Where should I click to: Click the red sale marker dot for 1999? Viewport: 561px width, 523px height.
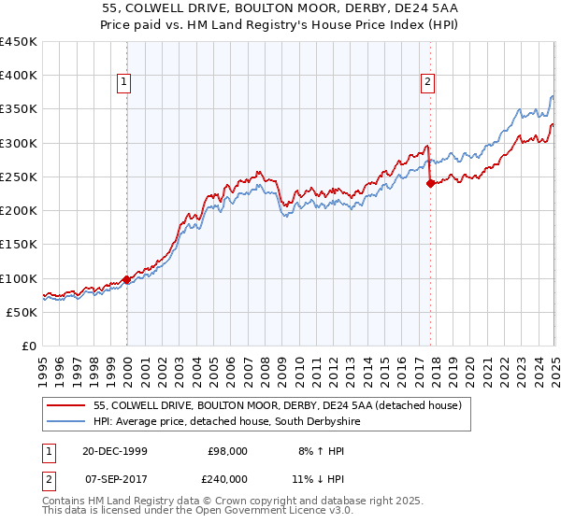click(127, 279)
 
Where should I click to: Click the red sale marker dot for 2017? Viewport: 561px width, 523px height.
click(430, 183)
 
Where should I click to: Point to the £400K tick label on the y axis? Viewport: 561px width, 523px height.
click(19, 76)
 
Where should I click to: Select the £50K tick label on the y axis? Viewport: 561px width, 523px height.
click(22, 312)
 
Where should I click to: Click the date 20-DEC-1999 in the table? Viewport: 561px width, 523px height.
click(114, 451)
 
